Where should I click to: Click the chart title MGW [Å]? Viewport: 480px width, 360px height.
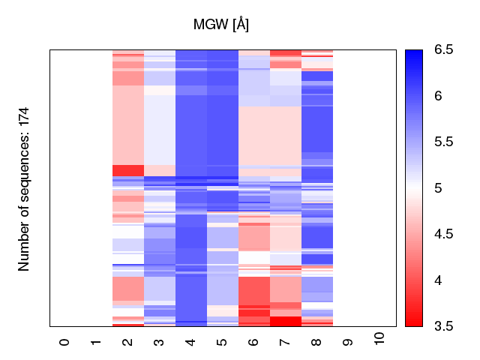221,25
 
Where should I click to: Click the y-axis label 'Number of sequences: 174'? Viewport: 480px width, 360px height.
24,189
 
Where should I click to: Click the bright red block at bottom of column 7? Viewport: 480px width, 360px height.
285,321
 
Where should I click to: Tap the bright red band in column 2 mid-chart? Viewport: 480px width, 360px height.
127,170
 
